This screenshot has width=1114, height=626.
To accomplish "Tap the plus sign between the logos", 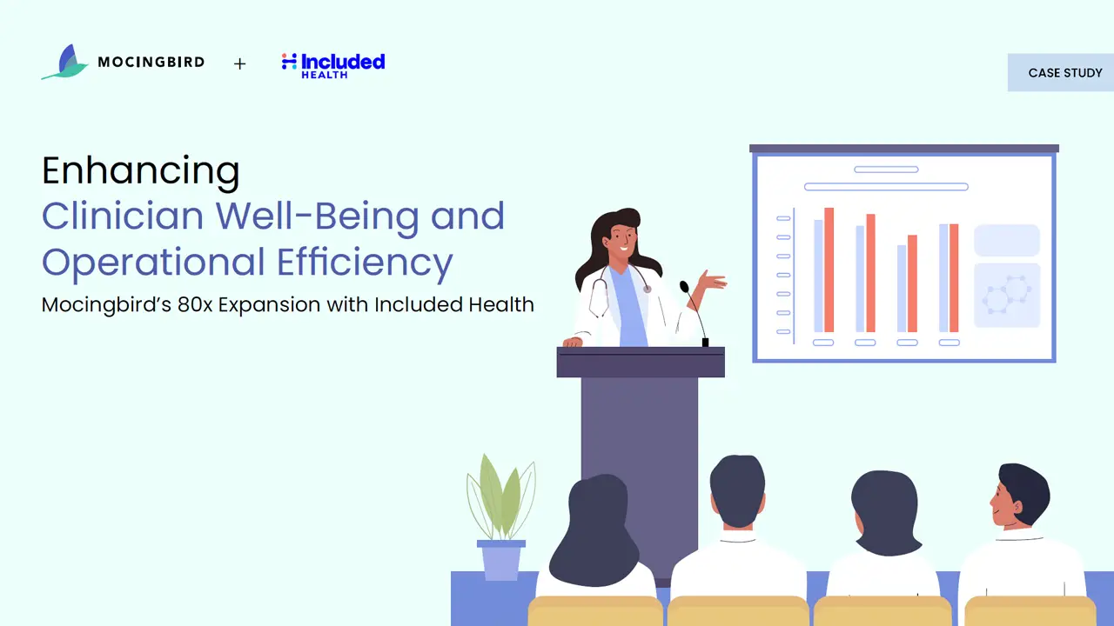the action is tap(239, 63).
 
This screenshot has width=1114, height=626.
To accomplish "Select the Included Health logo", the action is tap(333, 65).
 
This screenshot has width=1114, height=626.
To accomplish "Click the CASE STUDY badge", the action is tap(1061, 72).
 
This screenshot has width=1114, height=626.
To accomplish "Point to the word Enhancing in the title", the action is tap(141, 170).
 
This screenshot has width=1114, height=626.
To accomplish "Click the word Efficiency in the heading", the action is tap(365, 263).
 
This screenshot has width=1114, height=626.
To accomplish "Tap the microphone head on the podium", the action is tap(684, 287).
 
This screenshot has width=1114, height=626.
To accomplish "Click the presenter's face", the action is tap(621, 241).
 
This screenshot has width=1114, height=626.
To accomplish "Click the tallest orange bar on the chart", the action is tap(829, 270).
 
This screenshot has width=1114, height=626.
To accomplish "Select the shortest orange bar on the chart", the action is tap(913, 283).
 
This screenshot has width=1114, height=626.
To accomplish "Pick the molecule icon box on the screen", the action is tap(1007, 296).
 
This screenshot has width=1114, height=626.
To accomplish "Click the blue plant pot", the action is tap(501, 560).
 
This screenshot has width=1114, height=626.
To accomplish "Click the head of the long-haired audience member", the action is tap(594, 530).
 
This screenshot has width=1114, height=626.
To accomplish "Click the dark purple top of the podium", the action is tap(641, 363).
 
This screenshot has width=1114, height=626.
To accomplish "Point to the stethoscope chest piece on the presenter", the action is tap(648, 289).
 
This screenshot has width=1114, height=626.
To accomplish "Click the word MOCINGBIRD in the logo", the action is tap(151, 62).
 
